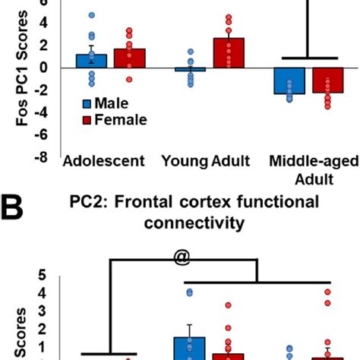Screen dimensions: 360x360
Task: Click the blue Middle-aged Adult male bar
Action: [x=290, y=81]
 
